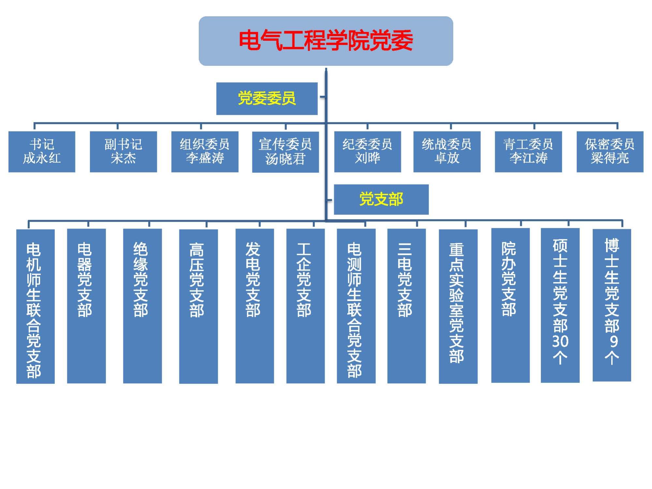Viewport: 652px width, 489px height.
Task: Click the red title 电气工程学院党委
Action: (x=326, y=41)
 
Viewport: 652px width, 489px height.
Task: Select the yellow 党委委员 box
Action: (x=267, y=98)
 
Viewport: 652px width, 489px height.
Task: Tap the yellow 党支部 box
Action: (x=381, y=199)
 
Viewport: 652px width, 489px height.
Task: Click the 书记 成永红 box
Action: (x=42, y=152)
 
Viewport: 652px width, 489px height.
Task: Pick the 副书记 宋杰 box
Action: (x=123, y=152)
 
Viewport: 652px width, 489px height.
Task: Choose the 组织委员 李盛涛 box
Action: (x=205, y=152)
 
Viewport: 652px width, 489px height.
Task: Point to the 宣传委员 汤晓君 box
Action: (x=285, y=152)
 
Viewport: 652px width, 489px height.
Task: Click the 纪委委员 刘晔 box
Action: (x=367, y=152)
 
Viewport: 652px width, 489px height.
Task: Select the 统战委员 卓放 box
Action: (x=447, y=152)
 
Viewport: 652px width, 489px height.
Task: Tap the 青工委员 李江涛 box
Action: (x=528, y=152)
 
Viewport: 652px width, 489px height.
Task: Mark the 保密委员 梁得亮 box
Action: (x=610, y=152)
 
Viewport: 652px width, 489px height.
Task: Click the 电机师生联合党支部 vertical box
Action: (x=35, y=306)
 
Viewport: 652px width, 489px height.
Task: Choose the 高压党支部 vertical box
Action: (x=198, y=306)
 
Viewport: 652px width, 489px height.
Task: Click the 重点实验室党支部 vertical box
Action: (x=458, y=306)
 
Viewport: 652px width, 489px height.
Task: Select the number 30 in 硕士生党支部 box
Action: (x=560, y=341)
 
